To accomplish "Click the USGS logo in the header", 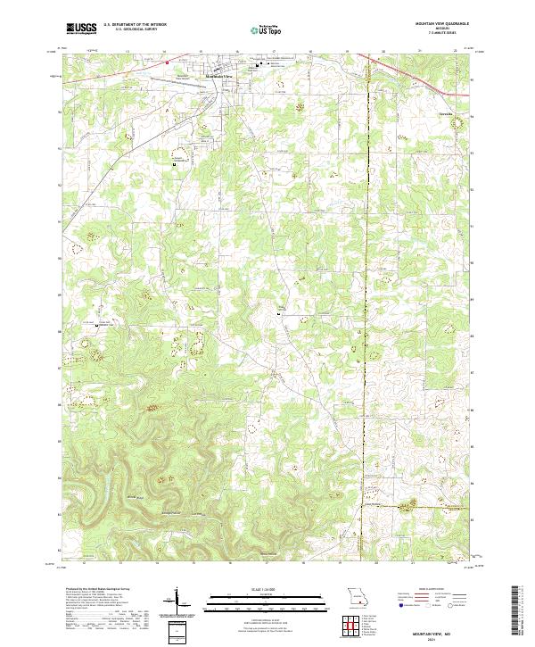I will point(81,29).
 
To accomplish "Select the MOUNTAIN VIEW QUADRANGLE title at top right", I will point(436,24).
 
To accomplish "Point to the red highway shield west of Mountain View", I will point(167,62).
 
